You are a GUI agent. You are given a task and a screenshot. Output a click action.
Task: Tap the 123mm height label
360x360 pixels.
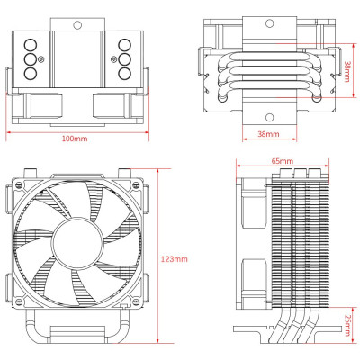[176, 259]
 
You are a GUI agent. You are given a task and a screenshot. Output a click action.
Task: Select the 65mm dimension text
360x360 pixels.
[281, 161]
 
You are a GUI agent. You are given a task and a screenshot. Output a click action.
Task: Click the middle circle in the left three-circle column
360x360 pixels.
[30, 59]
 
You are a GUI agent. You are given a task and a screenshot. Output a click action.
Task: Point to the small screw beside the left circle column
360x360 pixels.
[43, 59]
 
